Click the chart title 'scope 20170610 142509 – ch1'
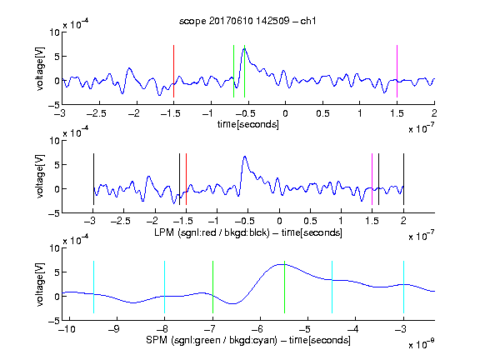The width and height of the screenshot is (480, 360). (x=247, y=21)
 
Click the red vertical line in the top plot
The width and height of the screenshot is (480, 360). (x=173, y=72)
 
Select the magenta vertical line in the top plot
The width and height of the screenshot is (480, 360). (x=397, y=72)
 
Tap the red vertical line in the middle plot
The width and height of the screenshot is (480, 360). (x=186, y=179)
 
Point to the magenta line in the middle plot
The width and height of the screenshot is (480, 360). (x=372, y=179)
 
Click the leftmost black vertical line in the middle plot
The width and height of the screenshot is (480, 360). (x=93, y=179)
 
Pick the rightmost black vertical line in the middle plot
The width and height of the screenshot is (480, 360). (x=403, y=179)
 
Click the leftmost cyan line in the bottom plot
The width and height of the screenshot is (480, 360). (x=93, y=287)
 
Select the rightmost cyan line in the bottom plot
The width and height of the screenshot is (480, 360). (x=403, y=287)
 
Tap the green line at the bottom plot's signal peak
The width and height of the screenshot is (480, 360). (x=284, y=287)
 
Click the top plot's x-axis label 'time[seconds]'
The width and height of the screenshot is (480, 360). (x=248, y=124)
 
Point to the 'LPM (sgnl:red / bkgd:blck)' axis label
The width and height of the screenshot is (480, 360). (x=212, y=232)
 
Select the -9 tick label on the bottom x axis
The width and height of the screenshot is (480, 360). (x=114, y=329)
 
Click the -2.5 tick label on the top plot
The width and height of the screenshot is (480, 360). (x=96, y=113)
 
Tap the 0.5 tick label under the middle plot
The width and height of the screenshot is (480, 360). (x=310, y=221)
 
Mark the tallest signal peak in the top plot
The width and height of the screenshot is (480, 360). (x=245, y=49)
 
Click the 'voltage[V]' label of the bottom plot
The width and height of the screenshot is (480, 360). (x=40, y=284)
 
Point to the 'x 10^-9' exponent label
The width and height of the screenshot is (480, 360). (x=422, y=344)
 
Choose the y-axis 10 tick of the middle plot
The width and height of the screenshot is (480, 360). (x=55, y=141)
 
